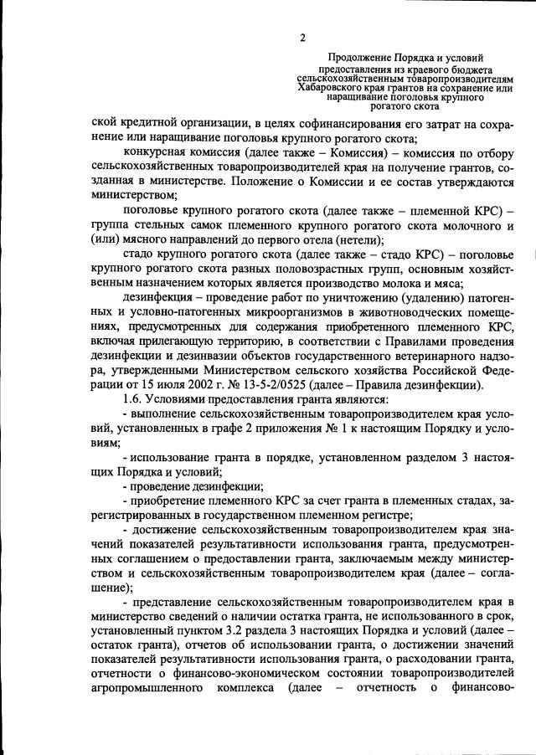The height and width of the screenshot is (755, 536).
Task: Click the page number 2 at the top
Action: pyautogui.click(x=302, y=37)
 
